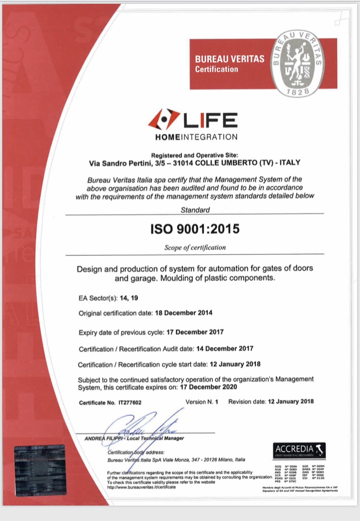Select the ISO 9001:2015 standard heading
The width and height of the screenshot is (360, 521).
[x=194, y=229]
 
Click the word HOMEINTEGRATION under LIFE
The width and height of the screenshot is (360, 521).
[x=196, y=137]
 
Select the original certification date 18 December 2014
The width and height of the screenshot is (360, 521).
[x=183, y=313]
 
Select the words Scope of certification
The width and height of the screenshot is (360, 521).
[x=195, y=248]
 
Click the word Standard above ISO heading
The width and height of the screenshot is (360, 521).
[x=195, y=209]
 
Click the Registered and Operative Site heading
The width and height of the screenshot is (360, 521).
[x=194, y=155]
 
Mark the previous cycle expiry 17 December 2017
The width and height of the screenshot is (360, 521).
[x=194, y=332]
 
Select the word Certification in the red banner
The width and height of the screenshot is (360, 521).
[x=216, y=69]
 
